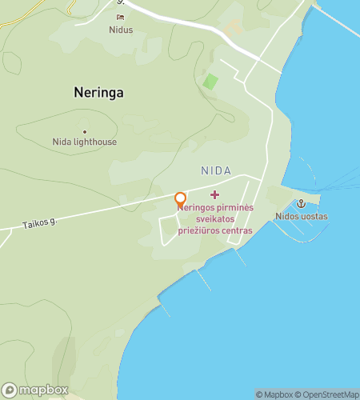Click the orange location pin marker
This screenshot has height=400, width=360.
click(181, 198)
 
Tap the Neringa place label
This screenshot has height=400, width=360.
click(98, 92)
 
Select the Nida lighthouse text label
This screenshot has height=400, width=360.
click(85, 142)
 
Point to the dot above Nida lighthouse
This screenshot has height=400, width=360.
click(84, 132)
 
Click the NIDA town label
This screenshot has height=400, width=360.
click(217, 171)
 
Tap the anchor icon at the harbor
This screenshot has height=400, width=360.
click(301, 204)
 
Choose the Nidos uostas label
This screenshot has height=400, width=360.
click(302, 217)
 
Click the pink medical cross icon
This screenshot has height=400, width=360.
click(214, 194)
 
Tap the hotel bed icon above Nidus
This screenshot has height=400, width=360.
click(121, 18)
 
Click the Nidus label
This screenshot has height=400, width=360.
click(121, 30)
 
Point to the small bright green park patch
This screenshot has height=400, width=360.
click(210, 82)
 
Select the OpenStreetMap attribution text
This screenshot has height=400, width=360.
click(328, 394)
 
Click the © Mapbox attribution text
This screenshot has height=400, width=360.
click(274, 394)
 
